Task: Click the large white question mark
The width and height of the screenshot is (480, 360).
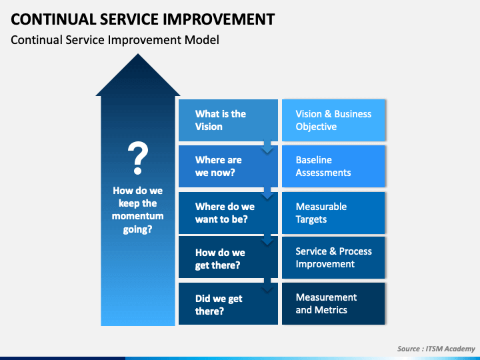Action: [138, 157]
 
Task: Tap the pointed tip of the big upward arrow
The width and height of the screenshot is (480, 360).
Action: [138, 54]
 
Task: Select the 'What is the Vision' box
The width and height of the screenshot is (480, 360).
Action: [228, 120]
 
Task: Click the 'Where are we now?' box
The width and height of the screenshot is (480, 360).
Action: [228, 166]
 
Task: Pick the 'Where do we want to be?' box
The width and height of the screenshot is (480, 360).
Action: [228, 213]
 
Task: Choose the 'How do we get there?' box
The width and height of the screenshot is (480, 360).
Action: [228, 257]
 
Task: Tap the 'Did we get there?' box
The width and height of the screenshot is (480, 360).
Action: [228, 304]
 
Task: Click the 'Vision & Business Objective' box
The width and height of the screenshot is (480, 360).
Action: [333, 120]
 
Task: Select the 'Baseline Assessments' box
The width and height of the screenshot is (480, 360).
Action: [333, 166]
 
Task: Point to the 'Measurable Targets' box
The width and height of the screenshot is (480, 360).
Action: [333, 213]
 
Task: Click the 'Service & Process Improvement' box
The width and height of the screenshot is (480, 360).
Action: [333, 257]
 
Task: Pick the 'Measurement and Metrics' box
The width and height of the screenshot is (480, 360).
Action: [333, 304]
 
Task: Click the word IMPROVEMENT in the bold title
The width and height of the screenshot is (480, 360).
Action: [218, 19]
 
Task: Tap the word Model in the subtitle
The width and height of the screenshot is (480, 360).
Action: [202, 40]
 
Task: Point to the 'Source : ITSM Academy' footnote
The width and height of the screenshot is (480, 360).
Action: [436, 349]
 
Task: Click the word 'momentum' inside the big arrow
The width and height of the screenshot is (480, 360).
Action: [138, 216]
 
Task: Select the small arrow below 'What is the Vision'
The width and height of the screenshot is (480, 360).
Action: [267, 146]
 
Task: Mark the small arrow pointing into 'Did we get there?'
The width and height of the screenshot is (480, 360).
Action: [267, 285]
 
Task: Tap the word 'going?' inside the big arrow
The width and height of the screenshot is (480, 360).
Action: [138, 229]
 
